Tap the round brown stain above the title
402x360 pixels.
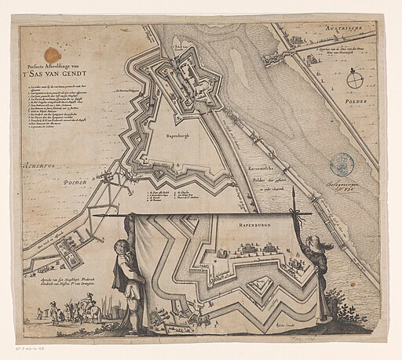[52, 54]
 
